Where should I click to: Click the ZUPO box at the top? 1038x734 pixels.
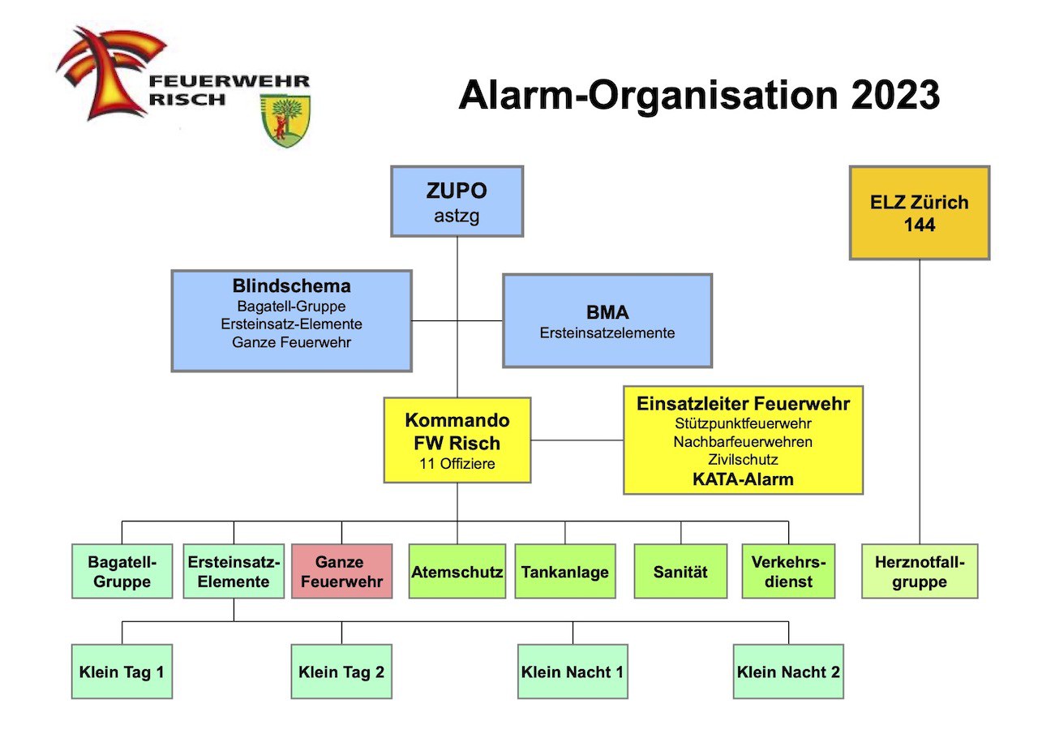pyautogui.click(x=457, y=201)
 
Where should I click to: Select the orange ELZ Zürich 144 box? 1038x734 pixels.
pyautogui.click(x=920, y=212)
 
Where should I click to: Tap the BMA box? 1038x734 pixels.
pyautogui.click(x=607, y=320)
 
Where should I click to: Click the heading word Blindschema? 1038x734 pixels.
pyautogui.click(x=291, y=286)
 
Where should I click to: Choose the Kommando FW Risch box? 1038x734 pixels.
pyautogui.click(x=457, y=440)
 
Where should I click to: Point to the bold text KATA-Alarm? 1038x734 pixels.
pyautogui.click(x=743, y=479)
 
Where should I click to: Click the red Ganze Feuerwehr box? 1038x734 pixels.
pyautogui.click(x=341, y=571)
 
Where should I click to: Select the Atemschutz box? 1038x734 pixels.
pyautogui.click(x=457, y=571)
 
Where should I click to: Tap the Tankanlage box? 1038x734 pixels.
pyautogui.click(x=564, y=571)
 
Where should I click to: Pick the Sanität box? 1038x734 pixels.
pyautogui.click(x=680, y=571)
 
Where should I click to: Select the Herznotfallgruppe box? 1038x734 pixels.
pyautogui.click(x=920, y=571)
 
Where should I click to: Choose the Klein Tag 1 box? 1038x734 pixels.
pyautogui.click(x=122, y=672)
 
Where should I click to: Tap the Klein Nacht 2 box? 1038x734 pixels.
pyautogui.click(x=788, y=672)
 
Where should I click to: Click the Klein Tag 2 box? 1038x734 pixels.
pyautogui.click(x=341, y=672)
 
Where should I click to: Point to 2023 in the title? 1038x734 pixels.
pyautogui.click(x=895, y=96)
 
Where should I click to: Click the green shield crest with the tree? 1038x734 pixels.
pyautogui.click(x=285, y=120)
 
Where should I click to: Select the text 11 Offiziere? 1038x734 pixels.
pyautogui.click(x=457, y=465)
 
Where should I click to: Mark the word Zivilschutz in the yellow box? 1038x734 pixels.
pyautogui.click(x=743, y=460)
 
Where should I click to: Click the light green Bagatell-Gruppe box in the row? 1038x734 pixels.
pyautogui.click(x=122, y=571)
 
